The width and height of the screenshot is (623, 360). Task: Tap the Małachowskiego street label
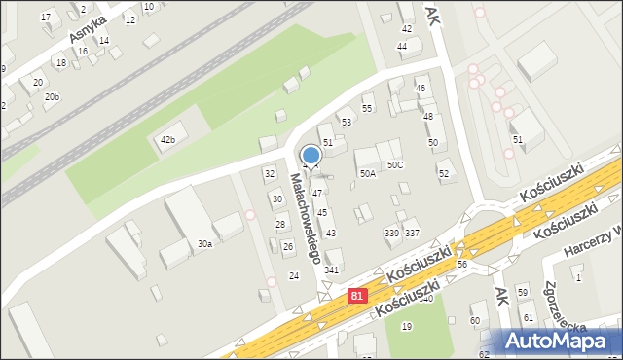(306, 219)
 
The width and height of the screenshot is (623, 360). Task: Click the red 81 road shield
(358, 293)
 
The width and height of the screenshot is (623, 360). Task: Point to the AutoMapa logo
(558, 341)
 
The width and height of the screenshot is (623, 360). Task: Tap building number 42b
(167, 140)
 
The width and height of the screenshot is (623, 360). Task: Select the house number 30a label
(204, 244)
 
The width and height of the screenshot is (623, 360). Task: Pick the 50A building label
(367, 174)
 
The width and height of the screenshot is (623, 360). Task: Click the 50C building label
(394, 165)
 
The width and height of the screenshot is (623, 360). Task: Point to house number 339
(391, 234)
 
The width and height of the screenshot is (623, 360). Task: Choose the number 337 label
(412, 234)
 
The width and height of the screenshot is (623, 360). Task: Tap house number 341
(331, 270)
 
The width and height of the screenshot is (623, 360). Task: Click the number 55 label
(367, 108)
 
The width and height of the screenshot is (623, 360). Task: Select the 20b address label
(52, 97)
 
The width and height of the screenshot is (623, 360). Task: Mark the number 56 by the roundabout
(462, 265)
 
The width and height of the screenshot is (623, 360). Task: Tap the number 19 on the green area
(406, 326)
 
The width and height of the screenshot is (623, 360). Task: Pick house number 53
(346, 123)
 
